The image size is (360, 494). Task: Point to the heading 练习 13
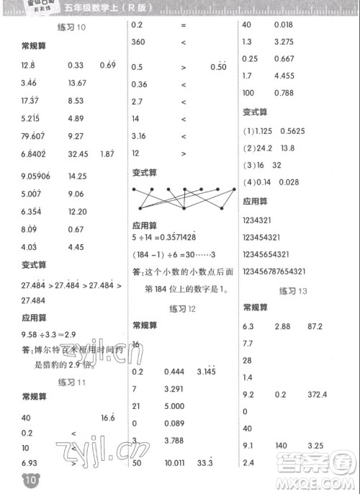pyautogui.click(x=293, y=290)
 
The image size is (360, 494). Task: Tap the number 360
pyautogui.click(x=139, y=42)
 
